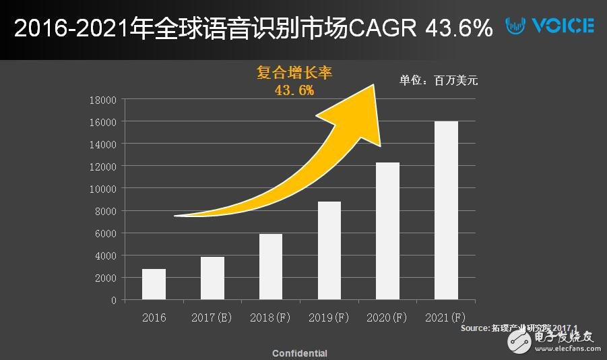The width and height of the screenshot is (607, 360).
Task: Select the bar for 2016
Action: point(154,284)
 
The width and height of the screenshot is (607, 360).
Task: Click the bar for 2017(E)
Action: point(212,278)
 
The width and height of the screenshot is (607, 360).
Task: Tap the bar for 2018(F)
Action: point(270,266)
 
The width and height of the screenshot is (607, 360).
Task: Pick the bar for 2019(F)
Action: point(329,250)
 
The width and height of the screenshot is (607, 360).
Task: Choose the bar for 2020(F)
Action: point(387,231)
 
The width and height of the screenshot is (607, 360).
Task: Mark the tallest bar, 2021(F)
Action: point(446,210)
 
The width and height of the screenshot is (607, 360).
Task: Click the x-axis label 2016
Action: point(154,318)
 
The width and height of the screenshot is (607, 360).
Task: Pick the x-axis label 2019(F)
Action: point(329,318)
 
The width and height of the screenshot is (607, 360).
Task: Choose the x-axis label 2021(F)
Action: point(446,318)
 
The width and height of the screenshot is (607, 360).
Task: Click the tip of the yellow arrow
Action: point(373,84)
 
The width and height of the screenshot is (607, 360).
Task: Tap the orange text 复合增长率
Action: point(294,72)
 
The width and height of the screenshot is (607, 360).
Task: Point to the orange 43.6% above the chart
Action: point(294,90)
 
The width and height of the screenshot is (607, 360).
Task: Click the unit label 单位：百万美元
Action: point(439,80)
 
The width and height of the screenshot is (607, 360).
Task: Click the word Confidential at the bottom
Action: point(300,353)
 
